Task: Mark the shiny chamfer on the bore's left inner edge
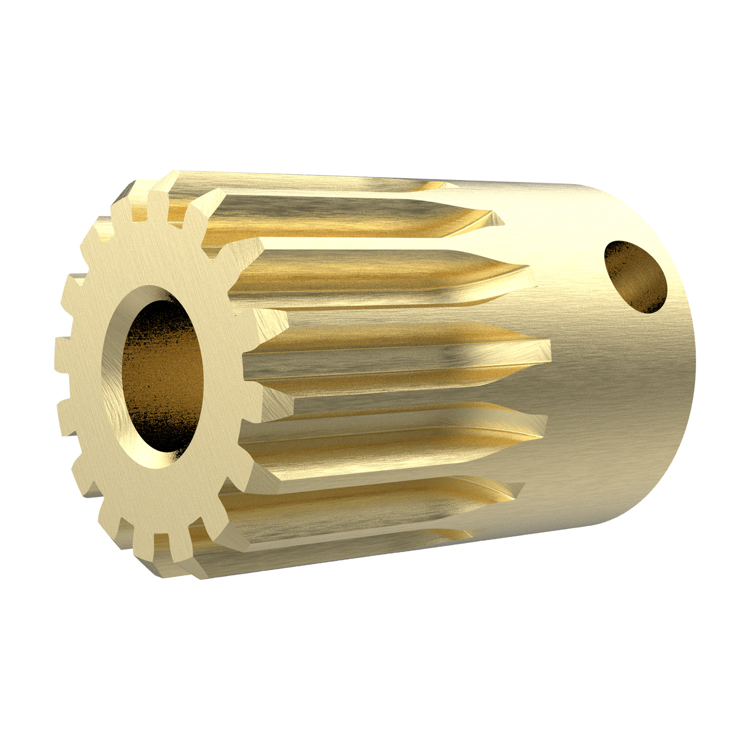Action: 112,380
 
